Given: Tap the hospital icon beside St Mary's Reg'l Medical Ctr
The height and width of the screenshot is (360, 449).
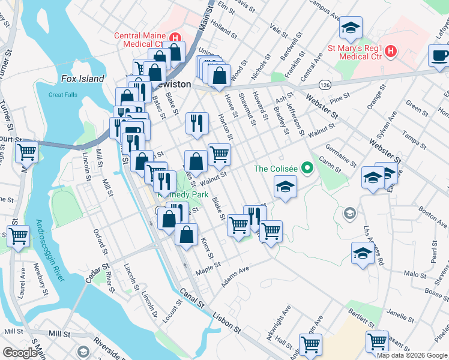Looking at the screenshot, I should click(390, 51).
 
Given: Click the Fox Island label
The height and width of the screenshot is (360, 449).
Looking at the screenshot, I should click(83, 79).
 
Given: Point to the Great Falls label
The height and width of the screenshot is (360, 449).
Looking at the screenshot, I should click(63, 94).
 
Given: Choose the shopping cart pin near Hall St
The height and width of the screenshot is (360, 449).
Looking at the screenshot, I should click(311, 344).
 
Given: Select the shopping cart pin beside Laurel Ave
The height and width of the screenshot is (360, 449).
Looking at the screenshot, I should click(18, 235).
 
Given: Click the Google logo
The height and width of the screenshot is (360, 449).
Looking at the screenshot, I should click(20, 353).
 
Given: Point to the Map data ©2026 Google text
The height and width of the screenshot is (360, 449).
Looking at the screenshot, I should click(412, 355).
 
